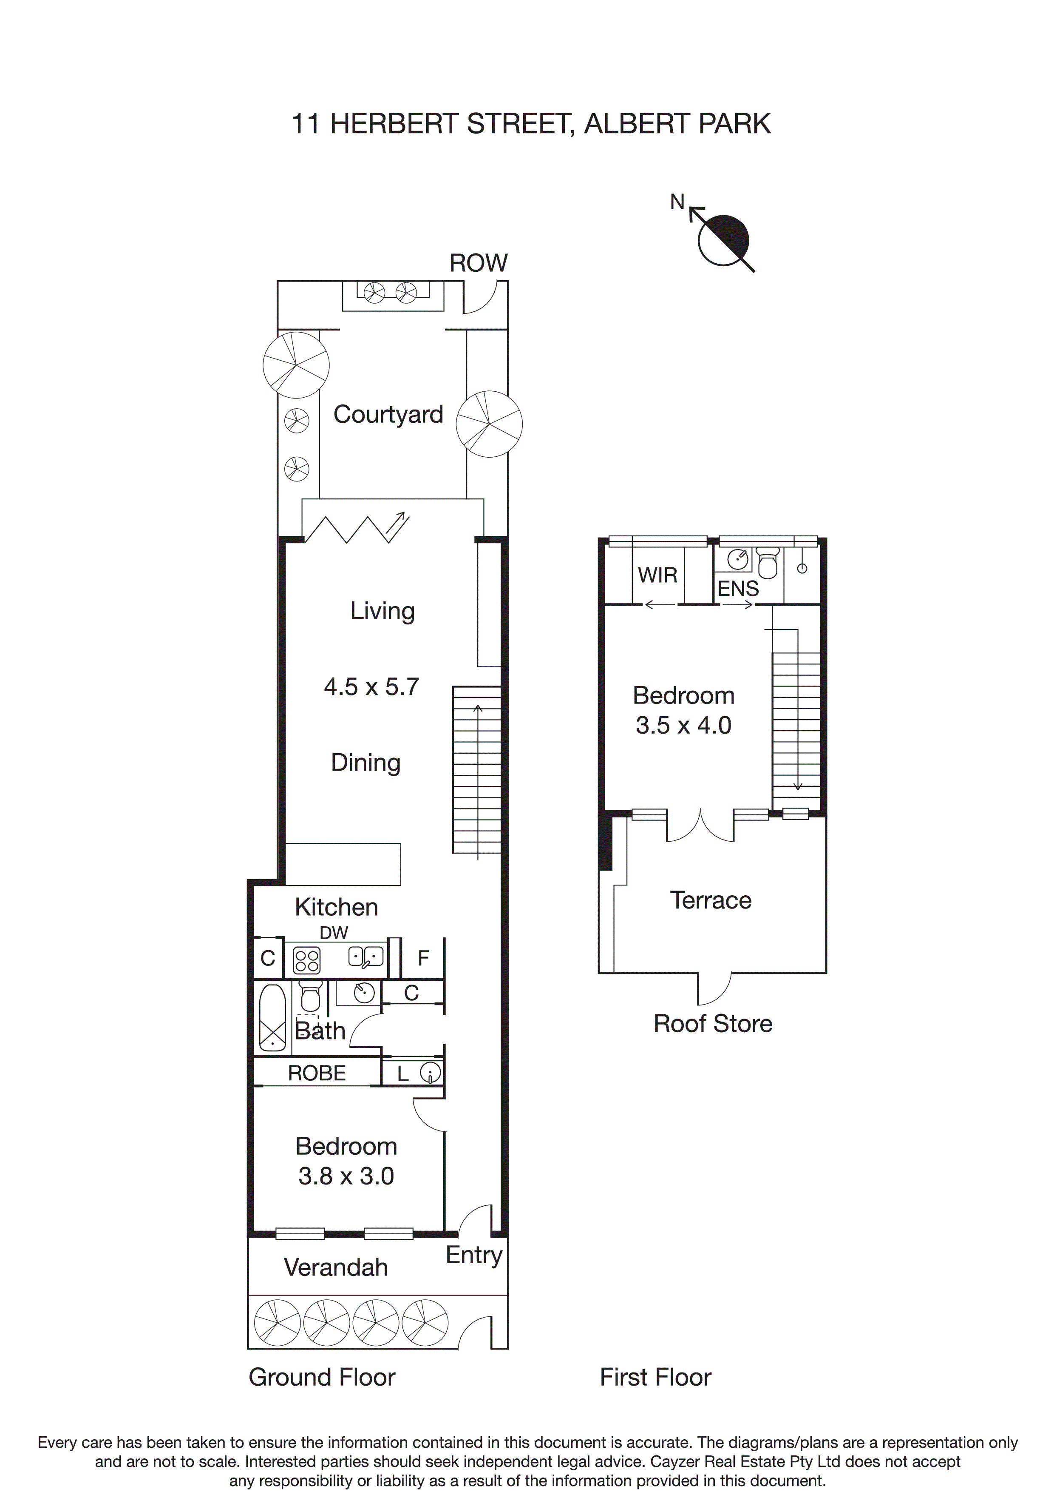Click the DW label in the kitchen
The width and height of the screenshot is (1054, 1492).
(x=334, y=932)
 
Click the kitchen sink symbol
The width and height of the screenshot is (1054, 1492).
(x=365, y=957)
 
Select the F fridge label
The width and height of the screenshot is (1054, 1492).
(x=423, y=958)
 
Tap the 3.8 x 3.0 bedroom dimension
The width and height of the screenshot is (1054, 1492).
(x=346, y=1176)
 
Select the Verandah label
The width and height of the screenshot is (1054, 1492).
(x=336, y=1267)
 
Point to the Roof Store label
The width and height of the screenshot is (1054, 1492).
(x=712, y=1023)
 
